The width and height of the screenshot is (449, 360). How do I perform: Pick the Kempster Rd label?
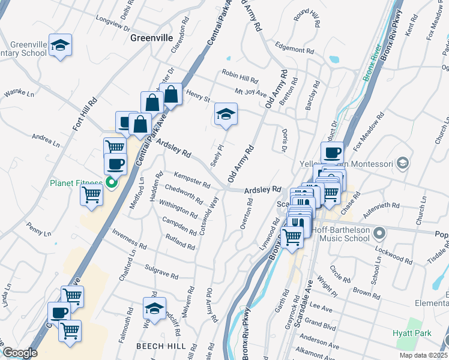click(191, 179)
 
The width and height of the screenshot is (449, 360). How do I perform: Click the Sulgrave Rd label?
click(161, 272)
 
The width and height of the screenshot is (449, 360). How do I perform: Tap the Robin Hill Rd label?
click(240, 80)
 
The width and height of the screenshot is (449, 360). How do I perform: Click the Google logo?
click(20, 353)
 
